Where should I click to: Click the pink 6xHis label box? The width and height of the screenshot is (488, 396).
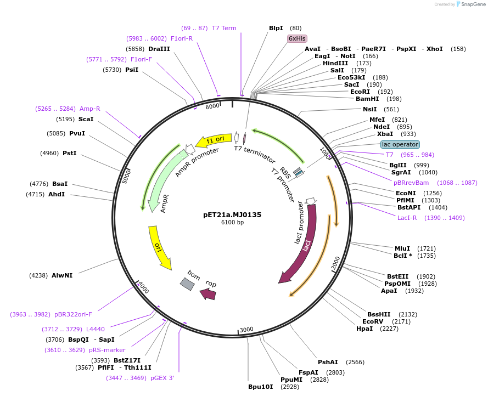297,38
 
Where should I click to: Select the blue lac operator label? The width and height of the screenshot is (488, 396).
400,144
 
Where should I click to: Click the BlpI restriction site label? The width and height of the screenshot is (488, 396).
276,28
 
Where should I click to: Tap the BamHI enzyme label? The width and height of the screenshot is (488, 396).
367,99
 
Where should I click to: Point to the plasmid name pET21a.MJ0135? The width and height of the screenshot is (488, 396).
232,214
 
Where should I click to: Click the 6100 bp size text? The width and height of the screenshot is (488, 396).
232,222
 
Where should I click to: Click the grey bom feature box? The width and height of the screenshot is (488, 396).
188,283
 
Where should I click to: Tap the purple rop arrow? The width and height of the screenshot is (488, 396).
209,294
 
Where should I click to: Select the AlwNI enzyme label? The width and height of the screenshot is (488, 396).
62,275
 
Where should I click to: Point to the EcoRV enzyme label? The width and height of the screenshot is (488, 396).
373,321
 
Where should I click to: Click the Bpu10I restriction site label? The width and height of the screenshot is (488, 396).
260,387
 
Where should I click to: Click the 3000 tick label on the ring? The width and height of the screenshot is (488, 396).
246,329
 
